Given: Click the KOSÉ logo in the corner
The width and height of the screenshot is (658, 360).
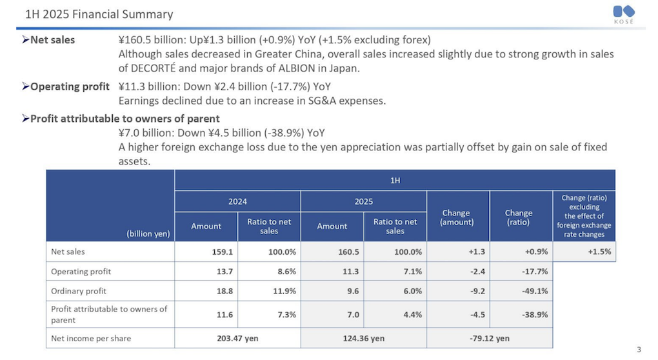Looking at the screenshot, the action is (x=624, y=15).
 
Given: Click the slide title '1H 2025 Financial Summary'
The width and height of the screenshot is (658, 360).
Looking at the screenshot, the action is (x=99, y=14).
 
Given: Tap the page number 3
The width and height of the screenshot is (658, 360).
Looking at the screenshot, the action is (x=639, y=350).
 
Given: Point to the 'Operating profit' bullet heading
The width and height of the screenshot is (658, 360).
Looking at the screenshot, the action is (x=65, y=86).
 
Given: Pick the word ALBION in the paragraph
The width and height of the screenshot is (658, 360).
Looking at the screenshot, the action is (x=297, y=68).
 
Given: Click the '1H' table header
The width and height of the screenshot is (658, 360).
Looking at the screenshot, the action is (x=395, y=181).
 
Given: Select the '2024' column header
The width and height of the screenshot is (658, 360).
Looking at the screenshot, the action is (x=237, y=201).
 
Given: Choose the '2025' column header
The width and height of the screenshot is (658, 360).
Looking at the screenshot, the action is (x=363, y=201).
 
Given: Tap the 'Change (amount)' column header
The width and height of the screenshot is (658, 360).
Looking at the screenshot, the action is (x=457, y=217).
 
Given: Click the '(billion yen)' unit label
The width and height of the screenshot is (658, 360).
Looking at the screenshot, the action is (x=148, y=234).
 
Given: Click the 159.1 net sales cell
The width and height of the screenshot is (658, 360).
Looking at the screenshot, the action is (x=223, y=252).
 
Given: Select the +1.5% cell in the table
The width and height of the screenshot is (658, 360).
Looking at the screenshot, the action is (x=599, y=252).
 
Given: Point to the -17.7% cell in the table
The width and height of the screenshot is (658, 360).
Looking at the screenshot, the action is (x=535, y=272).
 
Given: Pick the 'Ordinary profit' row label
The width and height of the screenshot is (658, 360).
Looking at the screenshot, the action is (x=79, y=291).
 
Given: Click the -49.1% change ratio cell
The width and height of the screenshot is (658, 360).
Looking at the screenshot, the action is (x=535, y=291).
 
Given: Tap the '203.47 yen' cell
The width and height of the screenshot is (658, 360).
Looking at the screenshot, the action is (x=237, y=338).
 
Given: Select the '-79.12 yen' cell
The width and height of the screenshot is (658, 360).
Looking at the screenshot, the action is (x=489, y=338).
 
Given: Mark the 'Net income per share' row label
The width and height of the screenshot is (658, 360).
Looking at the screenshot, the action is (x=91, y=338).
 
